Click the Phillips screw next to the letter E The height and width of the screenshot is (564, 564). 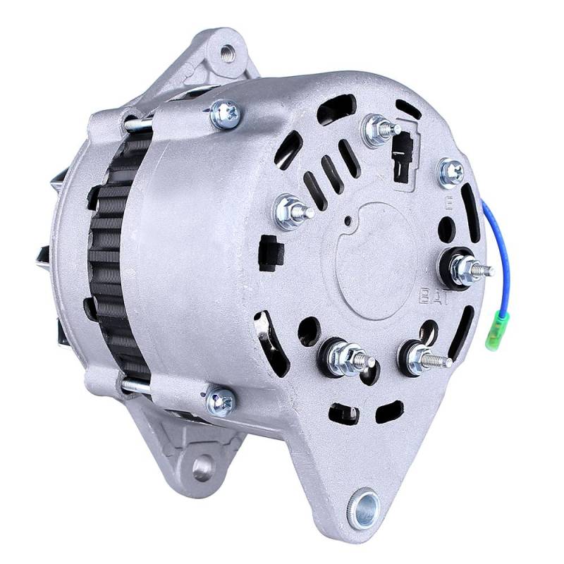coord(451,171)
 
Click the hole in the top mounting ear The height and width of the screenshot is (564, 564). coord(226,51)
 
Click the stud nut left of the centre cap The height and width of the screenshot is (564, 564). coord(290,209)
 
